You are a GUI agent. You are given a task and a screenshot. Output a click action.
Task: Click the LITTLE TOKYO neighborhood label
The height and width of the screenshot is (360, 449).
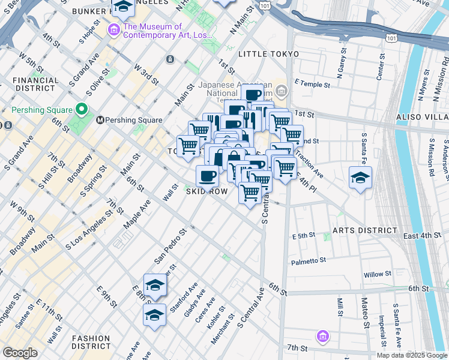[x=268, y=54]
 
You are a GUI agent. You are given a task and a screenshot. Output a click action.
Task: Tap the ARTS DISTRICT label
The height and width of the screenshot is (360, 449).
[x=365, y=230]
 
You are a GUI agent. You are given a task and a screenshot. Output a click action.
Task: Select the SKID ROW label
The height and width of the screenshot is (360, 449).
[x=206, y=191]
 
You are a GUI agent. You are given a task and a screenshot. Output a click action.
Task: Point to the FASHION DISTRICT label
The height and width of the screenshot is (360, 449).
[x=91, y=342]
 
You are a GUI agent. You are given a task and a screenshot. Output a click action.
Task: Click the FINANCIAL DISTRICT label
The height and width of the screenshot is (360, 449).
[x=35, y=85]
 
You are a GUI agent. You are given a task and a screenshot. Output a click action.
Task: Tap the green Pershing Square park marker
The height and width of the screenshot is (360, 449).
[x=81, y=109]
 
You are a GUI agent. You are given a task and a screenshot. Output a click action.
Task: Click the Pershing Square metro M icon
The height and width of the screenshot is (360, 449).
[x=100, y=120]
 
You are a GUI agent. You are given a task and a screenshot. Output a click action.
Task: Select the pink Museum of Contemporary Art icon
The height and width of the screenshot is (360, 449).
[x=113, y=30]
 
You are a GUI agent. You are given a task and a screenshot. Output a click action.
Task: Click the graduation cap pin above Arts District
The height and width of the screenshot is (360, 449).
[x=361, y=177]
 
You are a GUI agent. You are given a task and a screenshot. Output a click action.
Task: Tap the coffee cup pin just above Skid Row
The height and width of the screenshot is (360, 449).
[x=207, y=176]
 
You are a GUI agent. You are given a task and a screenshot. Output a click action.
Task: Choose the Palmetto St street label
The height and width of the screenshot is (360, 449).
[x=308, y=261]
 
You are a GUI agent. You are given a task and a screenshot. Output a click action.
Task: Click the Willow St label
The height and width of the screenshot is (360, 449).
[x=377, y=275]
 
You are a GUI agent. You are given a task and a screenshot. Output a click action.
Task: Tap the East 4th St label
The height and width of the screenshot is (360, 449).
[x=422, y=236]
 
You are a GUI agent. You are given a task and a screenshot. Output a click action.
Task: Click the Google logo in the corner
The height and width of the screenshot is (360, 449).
[x=20, y=353]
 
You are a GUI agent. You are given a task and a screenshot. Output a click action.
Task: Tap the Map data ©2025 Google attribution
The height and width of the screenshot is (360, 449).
[x=412, y=355]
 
